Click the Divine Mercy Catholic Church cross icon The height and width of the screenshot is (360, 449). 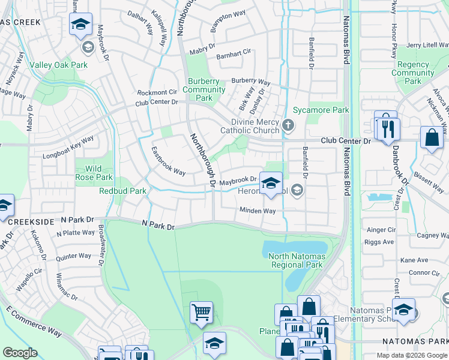tap(288, 126)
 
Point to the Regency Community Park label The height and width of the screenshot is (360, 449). tap(413, 73)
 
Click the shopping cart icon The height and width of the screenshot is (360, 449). tap(201, 311)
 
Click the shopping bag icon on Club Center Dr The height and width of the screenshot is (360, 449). tap(432, 137)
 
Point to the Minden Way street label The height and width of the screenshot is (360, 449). tap(258, 211)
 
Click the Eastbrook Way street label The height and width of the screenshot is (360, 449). tap(168, 160)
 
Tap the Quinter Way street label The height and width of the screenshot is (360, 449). tap(73, 256)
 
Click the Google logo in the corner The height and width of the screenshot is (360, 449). tap(20, 353)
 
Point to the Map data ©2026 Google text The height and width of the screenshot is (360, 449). tap(411, 355)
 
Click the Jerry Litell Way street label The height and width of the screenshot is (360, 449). tap(427, 45)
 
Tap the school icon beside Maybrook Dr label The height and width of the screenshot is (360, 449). tap(271, 182)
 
